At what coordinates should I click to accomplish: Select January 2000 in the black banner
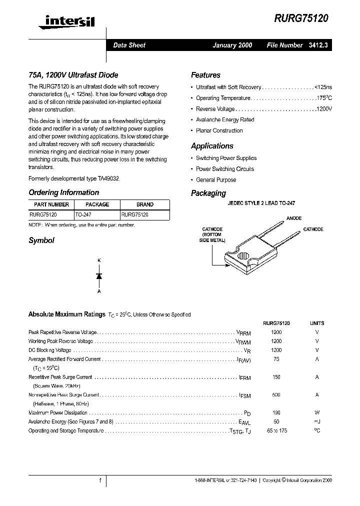point(232,45)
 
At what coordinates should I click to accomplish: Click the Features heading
point(205,75)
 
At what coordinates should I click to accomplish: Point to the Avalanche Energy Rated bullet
point(225,120)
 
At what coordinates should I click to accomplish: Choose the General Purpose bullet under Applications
point(216,180)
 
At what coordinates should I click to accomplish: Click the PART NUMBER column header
point(51,204)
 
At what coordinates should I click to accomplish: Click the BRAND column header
point(145,204)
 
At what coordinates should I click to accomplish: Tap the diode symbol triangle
point(99,275)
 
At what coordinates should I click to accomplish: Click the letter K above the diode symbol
point(99,260)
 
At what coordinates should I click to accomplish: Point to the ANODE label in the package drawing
point(294,218)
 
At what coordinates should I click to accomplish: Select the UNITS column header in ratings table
point(317,323)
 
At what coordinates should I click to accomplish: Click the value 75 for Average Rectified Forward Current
point(276,359)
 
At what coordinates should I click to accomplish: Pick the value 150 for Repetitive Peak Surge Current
point(276,377)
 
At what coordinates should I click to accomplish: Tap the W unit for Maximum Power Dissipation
point(317,412)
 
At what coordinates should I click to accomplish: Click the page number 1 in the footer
point(100,480)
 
